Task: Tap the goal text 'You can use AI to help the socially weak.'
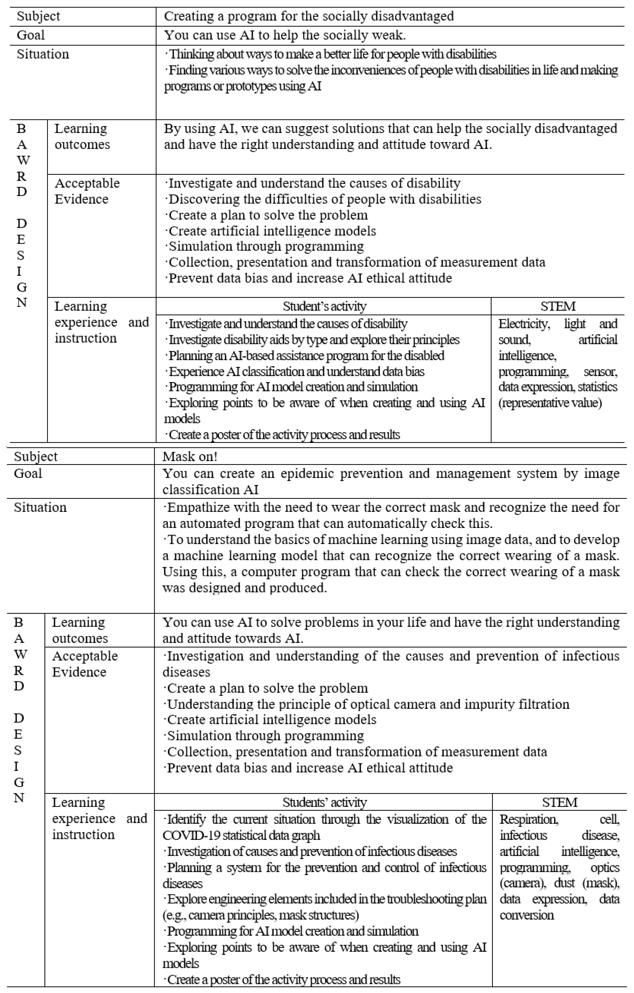click(x=285, y=35)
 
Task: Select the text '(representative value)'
click(x=550, y=402)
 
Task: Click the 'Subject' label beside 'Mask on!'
click(x=36, y=456)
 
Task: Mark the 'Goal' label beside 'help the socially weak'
click(x=31, y=35)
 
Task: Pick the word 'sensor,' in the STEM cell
click(x=600, y=372)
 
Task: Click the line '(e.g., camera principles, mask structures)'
click(x=261, y=915)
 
